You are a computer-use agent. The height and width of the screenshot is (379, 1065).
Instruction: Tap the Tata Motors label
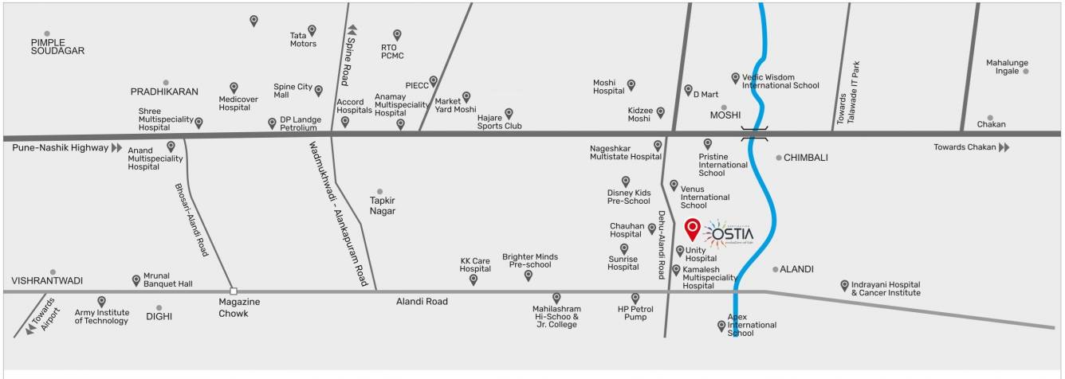click(303, 39)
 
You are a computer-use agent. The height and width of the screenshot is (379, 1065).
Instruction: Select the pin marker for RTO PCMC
click(397, 34)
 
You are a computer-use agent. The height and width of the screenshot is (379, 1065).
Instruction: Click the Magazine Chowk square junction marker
click(233, 291)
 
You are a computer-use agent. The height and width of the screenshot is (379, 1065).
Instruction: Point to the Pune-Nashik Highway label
click(60, 147)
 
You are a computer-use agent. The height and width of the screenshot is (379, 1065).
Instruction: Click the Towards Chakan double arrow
click(1004, 147)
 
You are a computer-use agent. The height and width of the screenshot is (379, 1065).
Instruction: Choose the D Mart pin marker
click(688, 90)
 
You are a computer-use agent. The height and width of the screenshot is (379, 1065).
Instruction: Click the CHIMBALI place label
click(806, 158)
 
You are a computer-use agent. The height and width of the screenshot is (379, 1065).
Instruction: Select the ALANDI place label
click(796, 269)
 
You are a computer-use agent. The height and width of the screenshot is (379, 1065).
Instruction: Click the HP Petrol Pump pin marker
click(635, 298)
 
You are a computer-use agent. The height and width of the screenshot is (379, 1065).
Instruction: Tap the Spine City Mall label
click(293, 90)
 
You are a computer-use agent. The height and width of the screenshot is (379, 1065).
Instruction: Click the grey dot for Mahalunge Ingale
click(1026, 71)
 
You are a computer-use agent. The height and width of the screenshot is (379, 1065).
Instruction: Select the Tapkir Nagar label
click(382, 205)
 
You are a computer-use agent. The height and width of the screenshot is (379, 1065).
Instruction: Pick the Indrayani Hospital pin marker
click(845, 284)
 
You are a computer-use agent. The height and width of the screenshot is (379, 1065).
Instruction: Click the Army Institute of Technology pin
click(101, 301)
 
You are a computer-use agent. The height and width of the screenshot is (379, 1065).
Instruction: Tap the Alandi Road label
click(422, 302)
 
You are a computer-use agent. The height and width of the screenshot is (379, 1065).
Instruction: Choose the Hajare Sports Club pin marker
click(509, 113)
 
